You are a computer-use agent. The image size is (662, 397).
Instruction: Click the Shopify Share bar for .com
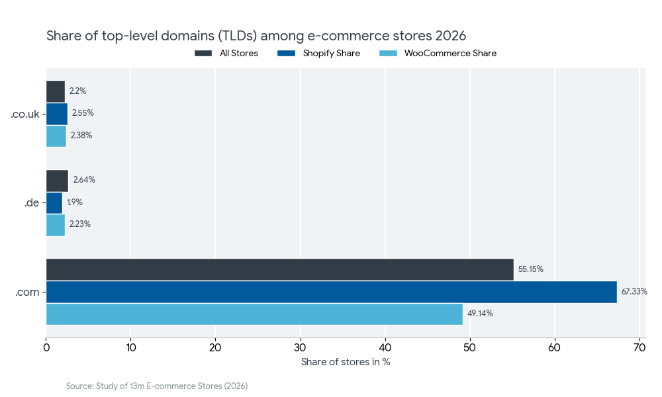pos(331,292)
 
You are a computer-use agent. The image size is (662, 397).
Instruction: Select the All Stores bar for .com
pos(279,269)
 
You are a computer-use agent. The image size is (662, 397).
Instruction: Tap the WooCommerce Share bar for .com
pos(254,314)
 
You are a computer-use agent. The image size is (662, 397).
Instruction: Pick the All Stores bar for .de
pos(57,181)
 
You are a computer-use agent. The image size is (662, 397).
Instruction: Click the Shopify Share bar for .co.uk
pos(56,114)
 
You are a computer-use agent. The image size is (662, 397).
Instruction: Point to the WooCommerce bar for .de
pos(55,225)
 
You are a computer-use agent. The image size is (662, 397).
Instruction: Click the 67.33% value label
pos(634,292)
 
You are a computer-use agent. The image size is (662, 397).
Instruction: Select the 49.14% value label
pos(480,314)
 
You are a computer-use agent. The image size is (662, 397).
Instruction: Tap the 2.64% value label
pos(84,180)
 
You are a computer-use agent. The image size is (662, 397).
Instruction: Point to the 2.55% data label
pos(83,113)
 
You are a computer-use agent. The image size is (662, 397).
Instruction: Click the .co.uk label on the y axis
pos(24,114)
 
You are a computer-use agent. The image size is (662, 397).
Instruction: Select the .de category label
pos(31,203)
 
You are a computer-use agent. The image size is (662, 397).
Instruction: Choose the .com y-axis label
pos(27,292)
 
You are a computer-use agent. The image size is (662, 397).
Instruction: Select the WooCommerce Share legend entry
pos(450,53)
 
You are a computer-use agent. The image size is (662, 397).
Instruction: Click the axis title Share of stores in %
pos(346,362)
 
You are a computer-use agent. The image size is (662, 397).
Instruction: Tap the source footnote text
pos(157,386)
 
